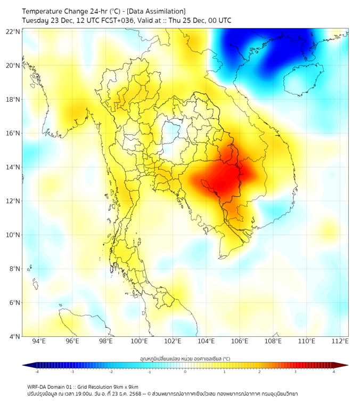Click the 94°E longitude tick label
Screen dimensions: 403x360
coord(39,341)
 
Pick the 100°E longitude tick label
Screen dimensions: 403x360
coord(140,341)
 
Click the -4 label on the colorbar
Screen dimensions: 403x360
coord(37,372)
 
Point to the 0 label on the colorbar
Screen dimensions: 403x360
coord(185,372)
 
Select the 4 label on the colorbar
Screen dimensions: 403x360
coord(334,372)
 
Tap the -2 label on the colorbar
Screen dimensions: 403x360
coord(111,372)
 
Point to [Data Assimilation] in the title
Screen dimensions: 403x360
coord(155,11)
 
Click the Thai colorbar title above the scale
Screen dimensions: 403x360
coord(185,358)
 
